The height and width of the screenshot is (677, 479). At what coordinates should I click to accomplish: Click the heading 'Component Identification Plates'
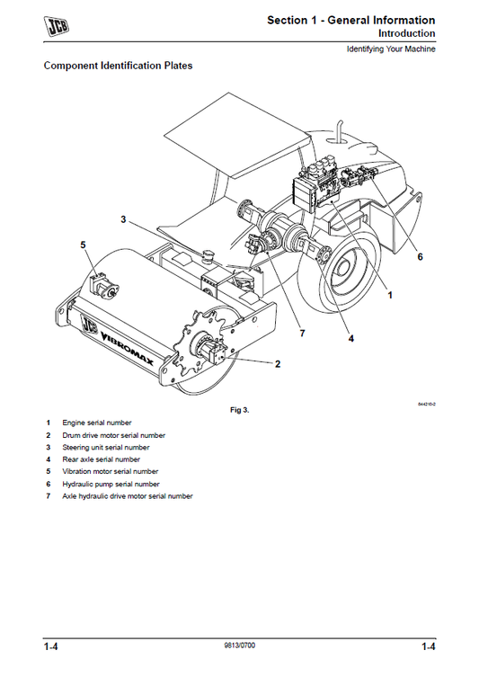click(x=118, y=66)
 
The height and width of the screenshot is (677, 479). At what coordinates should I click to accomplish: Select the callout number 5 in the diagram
click(x=83, y=245)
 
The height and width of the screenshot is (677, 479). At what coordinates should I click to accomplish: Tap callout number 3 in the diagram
click(x=122, y=218)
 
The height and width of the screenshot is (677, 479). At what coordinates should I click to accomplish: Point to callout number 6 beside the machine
click(x=419, y=256)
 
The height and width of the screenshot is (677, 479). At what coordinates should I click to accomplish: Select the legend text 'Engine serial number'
click(x=96, y=423)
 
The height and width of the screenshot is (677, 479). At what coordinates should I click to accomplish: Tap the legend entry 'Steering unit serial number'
click(x=105, y=447)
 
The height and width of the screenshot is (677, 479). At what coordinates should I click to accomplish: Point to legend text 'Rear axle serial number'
click(x=101, y=459)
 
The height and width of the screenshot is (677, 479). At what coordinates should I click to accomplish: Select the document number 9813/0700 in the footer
click(x=239, y=646)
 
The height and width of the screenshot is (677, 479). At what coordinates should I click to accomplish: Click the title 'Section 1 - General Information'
click(x=350, y=20)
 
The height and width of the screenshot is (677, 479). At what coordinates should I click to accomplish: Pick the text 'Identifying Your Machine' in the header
click(x=391, y=49)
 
